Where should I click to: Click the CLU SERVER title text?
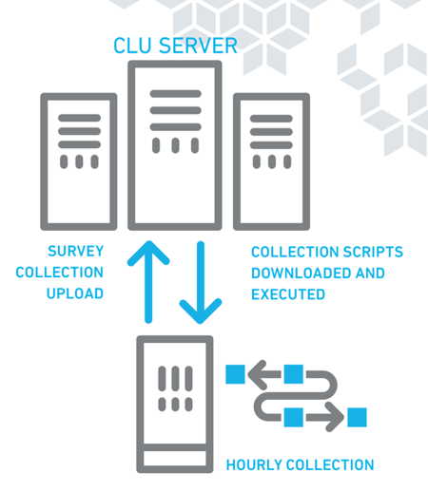click(x=175, y=46)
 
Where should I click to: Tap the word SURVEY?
click(x=76, y=251)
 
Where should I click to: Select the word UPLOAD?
click(x=75, y=293)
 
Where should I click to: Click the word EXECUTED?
click(x=288, y=294)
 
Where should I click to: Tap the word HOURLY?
click(x=253, y=465)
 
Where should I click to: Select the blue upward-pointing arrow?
click(x=148, y=282)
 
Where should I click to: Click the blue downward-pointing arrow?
click(x=201, y=283)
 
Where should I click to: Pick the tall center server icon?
click(x=175, y=145)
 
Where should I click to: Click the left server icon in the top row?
click(x=79, y=161)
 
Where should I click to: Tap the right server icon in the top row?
click(x=271, y=161)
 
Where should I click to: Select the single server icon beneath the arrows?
click(x=175, y=405)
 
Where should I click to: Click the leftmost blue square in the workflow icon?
click(x=235, y=374)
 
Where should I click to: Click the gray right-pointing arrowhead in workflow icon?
click(x=335, y=417)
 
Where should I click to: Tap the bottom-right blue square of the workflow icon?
click(x=358, y=417)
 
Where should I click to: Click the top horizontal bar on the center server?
click(x=176, y=94)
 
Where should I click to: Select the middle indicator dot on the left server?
click(x=79, y=161)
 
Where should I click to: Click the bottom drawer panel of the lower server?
click(x=175, y=458)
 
